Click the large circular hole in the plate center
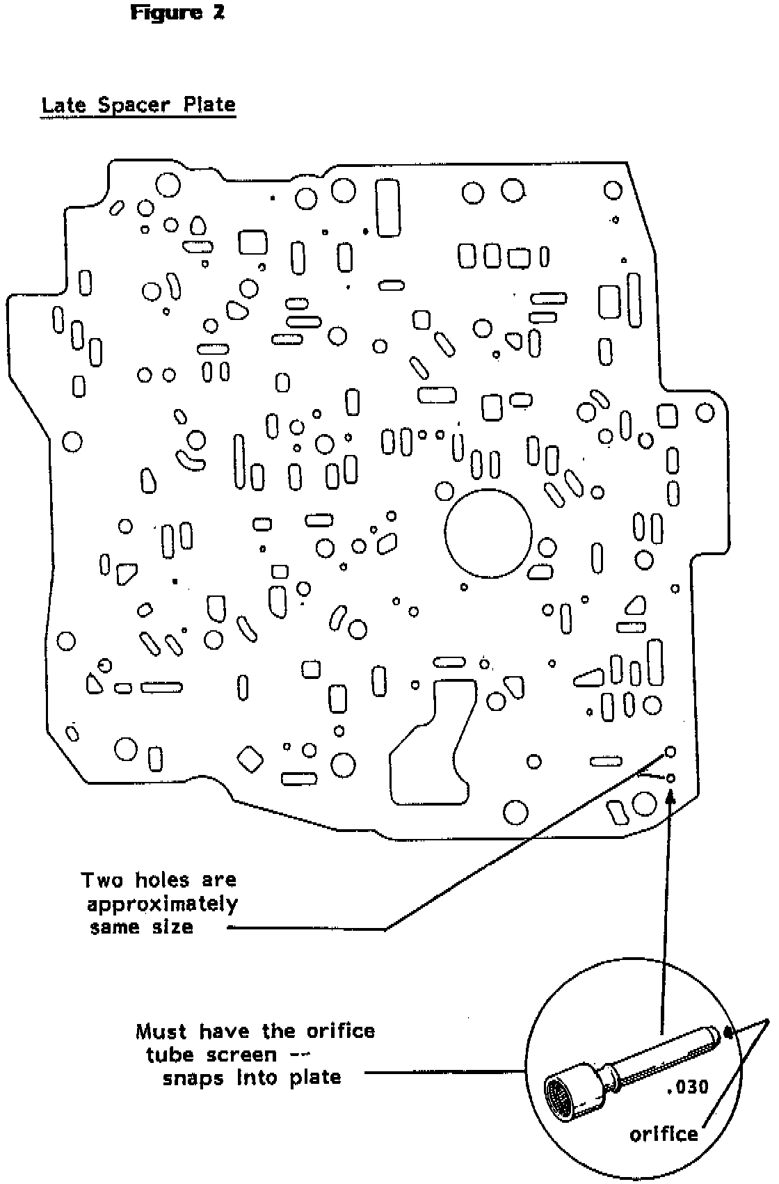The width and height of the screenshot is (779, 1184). [488, 535]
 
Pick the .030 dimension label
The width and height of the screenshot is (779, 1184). [686, 1086]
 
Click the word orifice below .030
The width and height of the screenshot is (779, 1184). [663, 1135]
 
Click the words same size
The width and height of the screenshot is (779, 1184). [141, 928]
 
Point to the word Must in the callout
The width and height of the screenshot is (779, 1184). [161, 1031]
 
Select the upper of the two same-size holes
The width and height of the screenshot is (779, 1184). [670, 752]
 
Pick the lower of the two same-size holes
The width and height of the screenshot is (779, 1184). [670, 778]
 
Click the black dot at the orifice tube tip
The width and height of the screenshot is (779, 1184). [729, 1032]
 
